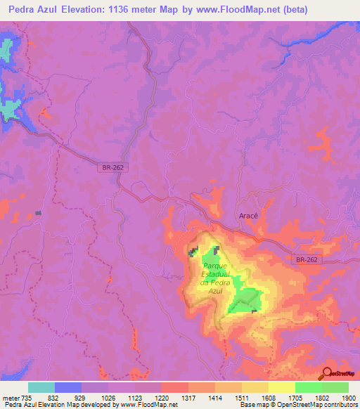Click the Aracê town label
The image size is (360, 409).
[x=247, y=216]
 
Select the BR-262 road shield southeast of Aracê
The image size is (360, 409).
[x=307, y=259]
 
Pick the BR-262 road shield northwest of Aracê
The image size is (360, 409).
[x=108, y=169]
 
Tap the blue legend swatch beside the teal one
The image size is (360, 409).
[x=68, y=388]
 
